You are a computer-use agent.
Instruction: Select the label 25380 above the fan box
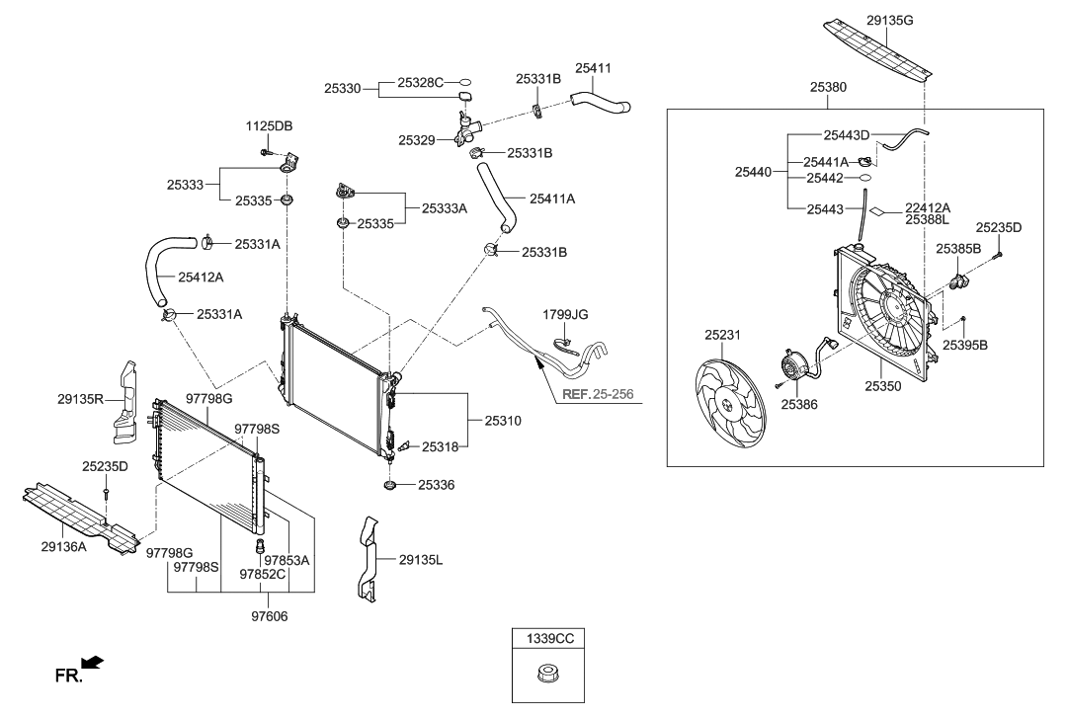click(828, 88)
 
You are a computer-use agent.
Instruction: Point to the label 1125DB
click(269, 126)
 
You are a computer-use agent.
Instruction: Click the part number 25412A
click(201, 278)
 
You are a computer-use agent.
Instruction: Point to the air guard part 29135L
click(369, 559)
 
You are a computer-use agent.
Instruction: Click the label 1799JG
click(565, 314)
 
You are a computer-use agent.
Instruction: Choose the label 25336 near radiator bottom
click(438, 485)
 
